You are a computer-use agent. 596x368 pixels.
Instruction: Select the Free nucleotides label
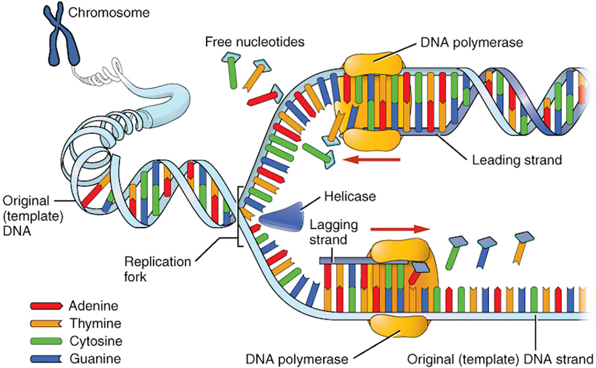[255, 42]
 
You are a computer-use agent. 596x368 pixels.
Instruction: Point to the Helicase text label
[350, 197]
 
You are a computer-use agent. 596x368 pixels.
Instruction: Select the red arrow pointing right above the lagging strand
[399, 228]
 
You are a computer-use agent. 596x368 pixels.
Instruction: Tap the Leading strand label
[517, 160]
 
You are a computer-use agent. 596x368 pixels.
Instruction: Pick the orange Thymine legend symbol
[46, 324]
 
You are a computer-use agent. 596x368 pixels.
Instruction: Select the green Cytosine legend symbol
[46, 341]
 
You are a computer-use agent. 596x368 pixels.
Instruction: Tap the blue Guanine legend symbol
[46, 359]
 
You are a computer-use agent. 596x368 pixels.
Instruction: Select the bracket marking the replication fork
[239, 216]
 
